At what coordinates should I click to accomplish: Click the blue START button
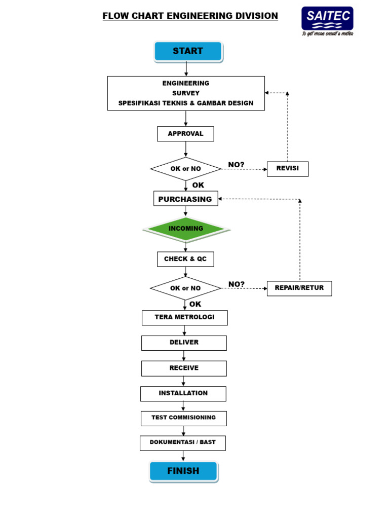click(x=188, y=51)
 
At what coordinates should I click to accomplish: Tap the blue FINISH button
click(x=183, y=471)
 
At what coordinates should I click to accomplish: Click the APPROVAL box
click(x=185, y=134)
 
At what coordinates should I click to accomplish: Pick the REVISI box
click(x=287, y=169)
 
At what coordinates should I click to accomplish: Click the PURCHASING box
click(x=185, y=199)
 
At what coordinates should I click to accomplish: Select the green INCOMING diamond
click(x=186, y=229)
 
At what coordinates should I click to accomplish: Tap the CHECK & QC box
click(x=185, y=259)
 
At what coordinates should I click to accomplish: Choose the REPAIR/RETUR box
click(x=299, y=288)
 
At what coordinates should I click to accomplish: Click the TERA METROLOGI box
click(x=184, y=318)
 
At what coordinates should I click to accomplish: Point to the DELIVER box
click(x=184, y=343)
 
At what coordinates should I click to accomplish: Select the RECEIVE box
click(x=184, y=368)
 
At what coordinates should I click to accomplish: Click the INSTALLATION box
click(x=183, y=393)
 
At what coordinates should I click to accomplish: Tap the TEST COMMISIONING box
click(x=183, y=418)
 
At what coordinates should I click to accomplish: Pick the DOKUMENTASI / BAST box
click(x=182, y=442)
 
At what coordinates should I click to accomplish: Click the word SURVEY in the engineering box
click(x=185, y=93)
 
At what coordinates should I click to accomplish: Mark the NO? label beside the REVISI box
click(x=237, y=165)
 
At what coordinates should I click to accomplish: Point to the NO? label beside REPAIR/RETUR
click(x=237, y=284)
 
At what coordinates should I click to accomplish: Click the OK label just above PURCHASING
click(x=198, y=186)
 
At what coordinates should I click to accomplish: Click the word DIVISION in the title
click(x=253, y=16)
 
